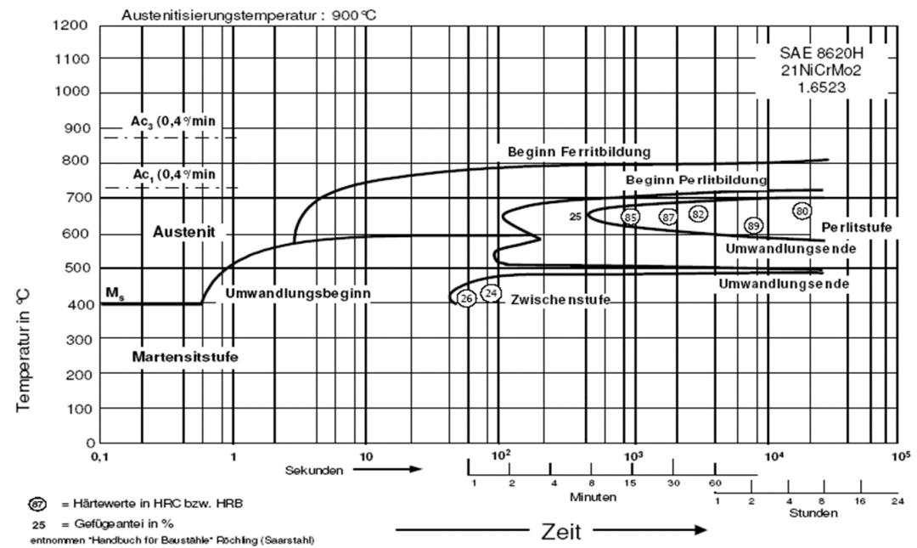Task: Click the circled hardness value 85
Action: click(630, 218)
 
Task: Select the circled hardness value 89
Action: click(754, 225)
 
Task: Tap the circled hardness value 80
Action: click(802, 211)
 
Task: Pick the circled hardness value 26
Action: click(466, 298)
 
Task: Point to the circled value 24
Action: click(491, 293)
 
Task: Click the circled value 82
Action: click(698, 214)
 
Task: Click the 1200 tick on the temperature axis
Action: click(70, 25)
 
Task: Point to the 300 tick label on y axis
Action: click(76, 339)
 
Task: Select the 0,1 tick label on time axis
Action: click(100, 457)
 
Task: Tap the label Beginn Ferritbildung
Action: click(579, 152)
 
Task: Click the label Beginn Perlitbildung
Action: click(696, 180)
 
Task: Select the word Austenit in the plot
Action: click(184, 232)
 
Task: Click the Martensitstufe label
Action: click(185, 357)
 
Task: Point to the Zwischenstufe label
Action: click(560, 300)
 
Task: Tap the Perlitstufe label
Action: click(857, 227)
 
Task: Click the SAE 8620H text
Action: click(821, 53)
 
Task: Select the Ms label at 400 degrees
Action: click(115, 292)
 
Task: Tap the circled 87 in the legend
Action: click(37, 504)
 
